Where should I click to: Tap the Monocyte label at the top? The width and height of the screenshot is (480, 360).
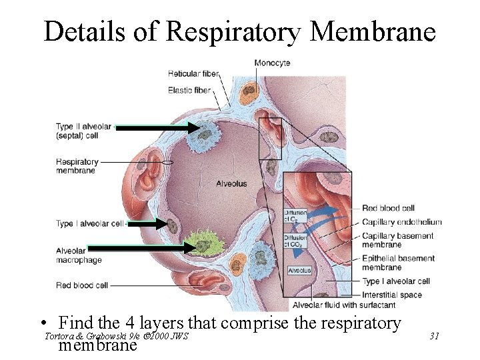tap(272, 63)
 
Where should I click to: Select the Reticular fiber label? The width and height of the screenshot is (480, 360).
tap(193, 73)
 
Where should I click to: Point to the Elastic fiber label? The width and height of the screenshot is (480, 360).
tap(189, 90)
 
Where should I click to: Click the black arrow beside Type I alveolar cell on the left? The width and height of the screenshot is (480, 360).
tap(150, 224)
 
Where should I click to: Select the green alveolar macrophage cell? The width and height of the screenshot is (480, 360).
tap(204, 241)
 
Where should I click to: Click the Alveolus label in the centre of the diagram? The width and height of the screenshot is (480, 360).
tap(231, 183)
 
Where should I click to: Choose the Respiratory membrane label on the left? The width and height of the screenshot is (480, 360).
tap(77, 166)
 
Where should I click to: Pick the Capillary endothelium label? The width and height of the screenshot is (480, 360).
tap(402, 222)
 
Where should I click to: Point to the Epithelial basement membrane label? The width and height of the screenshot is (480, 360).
tap(399, 263)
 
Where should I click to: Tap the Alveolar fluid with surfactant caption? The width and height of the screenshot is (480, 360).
tap(344, 305)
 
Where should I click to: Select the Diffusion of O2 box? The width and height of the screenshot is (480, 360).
tap(295, 216)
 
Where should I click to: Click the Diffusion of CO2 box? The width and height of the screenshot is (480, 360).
tap(295, 240)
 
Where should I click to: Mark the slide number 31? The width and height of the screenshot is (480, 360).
tap(434, 336)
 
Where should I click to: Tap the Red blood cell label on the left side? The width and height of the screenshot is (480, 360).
tap(82, 285)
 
